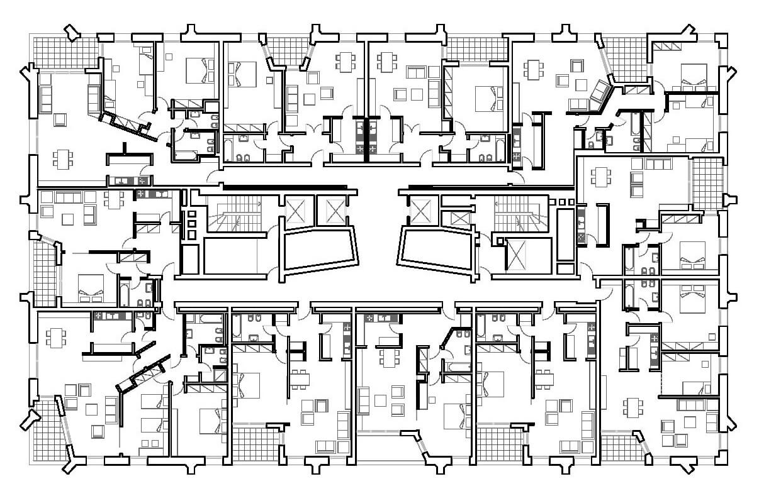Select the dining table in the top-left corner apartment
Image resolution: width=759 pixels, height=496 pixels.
tap(62, 158)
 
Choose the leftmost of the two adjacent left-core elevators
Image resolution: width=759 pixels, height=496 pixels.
tap(298, 210)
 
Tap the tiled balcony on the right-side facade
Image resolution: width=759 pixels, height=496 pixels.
tap(707, 183)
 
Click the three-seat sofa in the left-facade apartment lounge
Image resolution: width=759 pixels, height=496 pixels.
tap(68, 198)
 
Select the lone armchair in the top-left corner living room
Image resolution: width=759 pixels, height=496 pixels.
tap(60, 119)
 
